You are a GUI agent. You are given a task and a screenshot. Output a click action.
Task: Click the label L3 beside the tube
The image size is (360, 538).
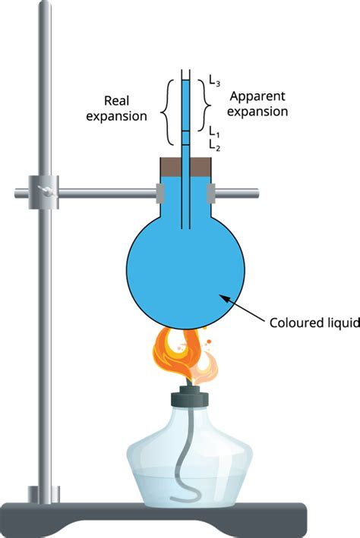click(215, 79)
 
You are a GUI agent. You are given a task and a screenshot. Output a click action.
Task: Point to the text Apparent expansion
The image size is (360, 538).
click(258, 104)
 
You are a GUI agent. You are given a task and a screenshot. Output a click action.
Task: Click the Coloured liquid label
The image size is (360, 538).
click(313, 322)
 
